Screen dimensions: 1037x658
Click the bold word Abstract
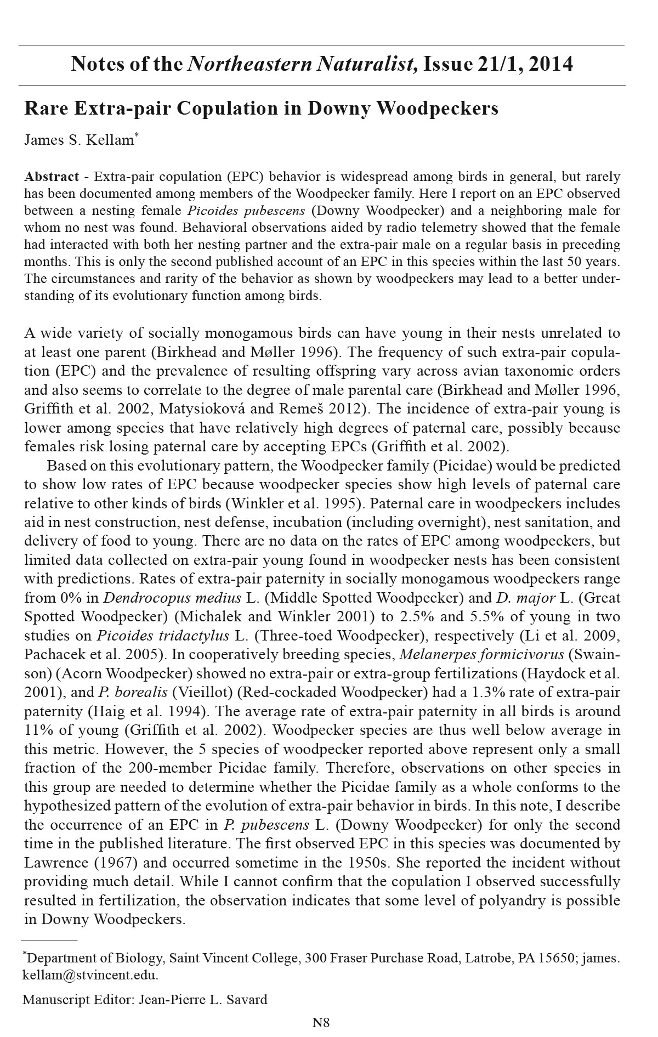click(x=52, y=177)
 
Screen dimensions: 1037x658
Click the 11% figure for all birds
click(x=36, y=730)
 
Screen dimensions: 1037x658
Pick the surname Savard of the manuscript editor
click(x=245, y=999)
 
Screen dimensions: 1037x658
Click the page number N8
click(x=321, y=1022)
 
